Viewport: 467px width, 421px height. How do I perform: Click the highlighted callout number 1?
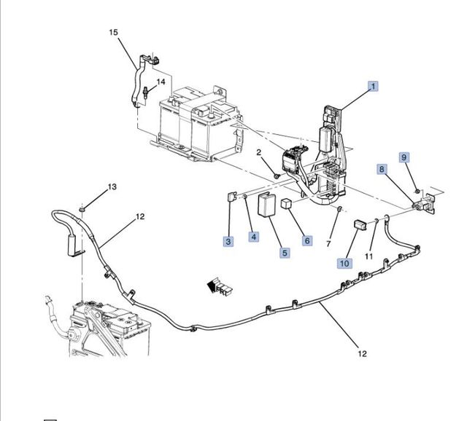tap(373, 87)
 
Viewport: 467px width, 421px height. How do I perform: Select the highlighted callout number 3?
tap(228, 240)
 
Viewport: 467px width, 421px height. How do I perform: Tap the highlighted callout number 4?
tap(253, 236)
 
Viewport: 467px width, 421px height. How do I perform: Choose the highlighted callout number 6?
tap(307, 240)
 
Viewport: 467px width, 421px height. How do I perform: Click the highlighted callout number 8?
tap(381, 169)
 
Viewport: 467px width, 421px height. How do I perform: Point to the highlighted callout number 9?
tap(404, 157)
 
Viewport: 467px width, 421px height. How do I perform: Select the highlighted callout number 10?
tap(343, 263)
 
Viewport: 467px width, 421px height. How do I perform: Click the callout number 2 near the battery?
tap(258, 152)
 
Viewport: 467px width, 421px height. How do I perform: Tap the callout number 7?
tap(329, 243)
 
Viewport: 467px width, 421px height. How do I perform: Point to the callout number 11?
tap(368, 256)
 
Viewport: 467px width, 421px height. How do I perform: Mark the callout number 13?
tap(112, 187)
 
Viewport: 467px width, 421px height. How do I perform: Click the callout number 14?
tap(161, 82)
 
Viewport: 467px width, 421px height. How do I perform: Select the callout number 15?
tap(113, 32)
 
